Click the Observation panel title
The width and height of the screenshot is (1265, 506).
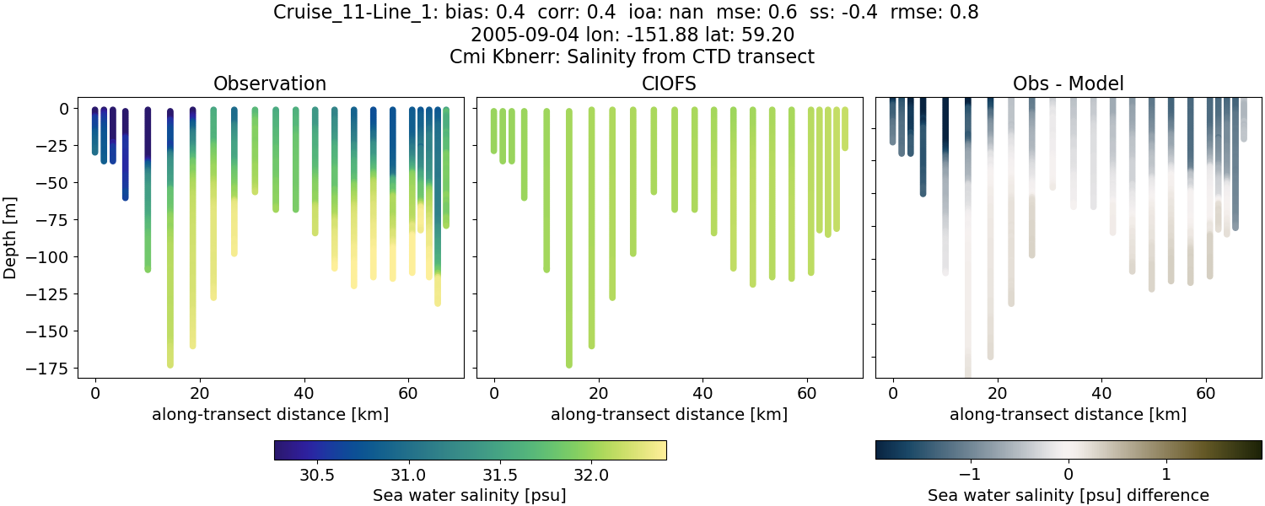(270, 83)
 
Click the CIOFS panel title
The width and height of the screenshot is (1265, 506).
(669, 83)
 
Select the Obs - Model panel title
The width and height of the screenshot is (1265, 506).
(1068, 83)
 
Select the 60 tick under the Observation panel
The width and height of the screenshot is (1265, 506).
(408, 392)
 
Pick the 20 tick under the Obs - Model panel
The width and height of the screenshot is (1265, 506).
(998, 392)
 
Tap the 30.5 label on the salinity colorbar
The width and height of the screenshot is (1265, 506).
(317, 475)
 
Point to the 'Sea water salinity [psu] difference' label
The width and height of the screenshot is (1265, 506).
(1068, 495)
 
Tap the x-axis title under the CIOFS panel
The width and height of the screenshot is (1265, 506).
(669, 414)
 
